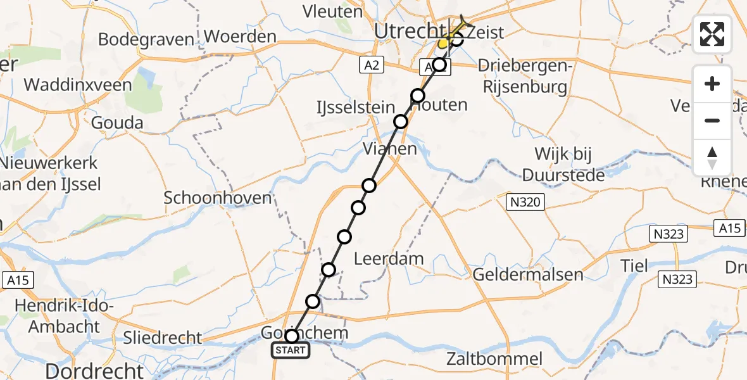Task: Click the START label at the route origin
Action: tap(291, 350)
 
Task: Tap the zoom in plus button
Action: tap(712, 84)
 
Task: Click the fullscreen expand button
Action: tap(712, 34)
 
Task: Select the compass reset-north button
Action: tap(712, 158)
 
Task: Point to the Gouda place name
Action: tap(117, 122)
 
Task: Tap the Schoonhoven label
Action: tap(218, 198)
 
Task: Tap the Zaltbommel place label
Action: tap(494, 359)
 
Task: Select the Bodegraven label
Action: tap(146, 39)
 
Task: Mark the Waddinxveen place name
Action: tap(78, 84)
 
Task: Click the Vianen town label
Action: tap(390, 149)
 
